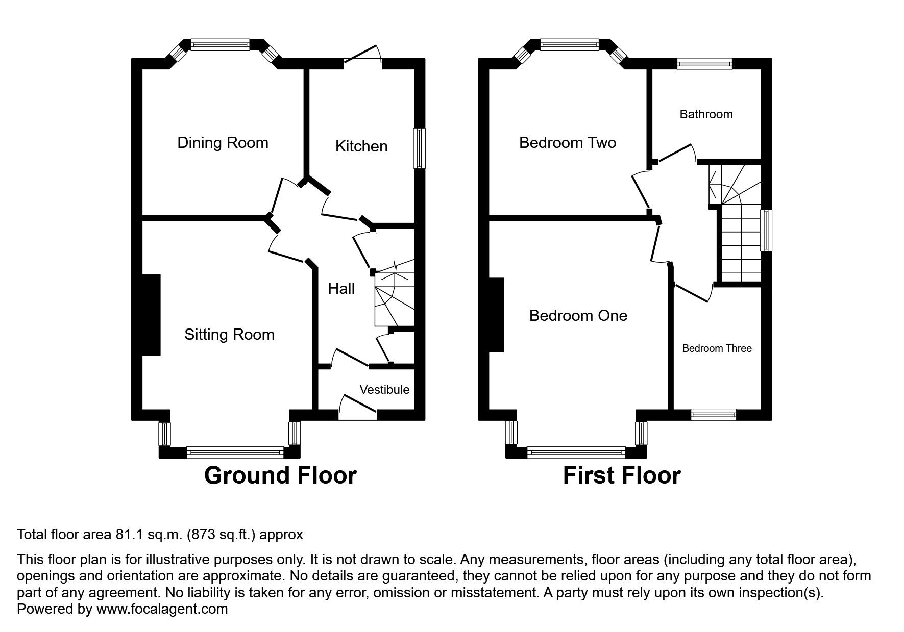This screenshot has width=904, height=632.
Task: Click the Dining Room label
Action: click(x=223, y=142)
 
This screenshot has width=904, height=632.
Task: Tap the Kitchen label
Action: click(x=361, y=146)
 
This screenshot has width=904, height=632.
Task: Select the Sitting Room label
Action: click(x=229, y=334)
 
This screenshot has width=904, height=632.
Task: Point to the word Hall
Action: click(x=341, y=289)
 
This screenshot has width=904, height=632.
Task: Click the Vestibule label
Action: click(x=384, y=390)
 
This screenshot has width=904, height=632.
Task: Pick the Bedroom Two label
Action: click(x=567, y=142)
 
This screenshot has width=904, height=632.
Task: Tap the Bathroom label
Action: click(x=706, y=114)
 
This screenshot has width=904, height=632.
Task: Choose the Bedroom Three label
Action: click(x=717, y=348)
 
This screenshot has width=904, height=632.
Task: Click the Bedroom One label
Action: click(x=578, y=315)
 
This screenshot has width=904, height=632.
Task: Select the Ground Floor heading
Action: click(x=280, y=475)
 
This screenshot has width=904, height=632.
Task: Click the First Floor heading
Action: click(x=621, y=475)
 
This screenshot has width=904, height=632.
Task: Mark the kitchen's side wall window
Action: click(x=419, y=148)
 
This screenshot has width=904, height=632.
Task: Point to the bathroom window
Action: click(x=704, y=63)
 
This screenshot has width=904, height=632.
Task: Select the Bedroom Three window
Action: click(x=713, y=415)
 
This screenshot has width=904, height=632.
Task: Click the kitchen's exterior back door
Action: click(x=363, y=56)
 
